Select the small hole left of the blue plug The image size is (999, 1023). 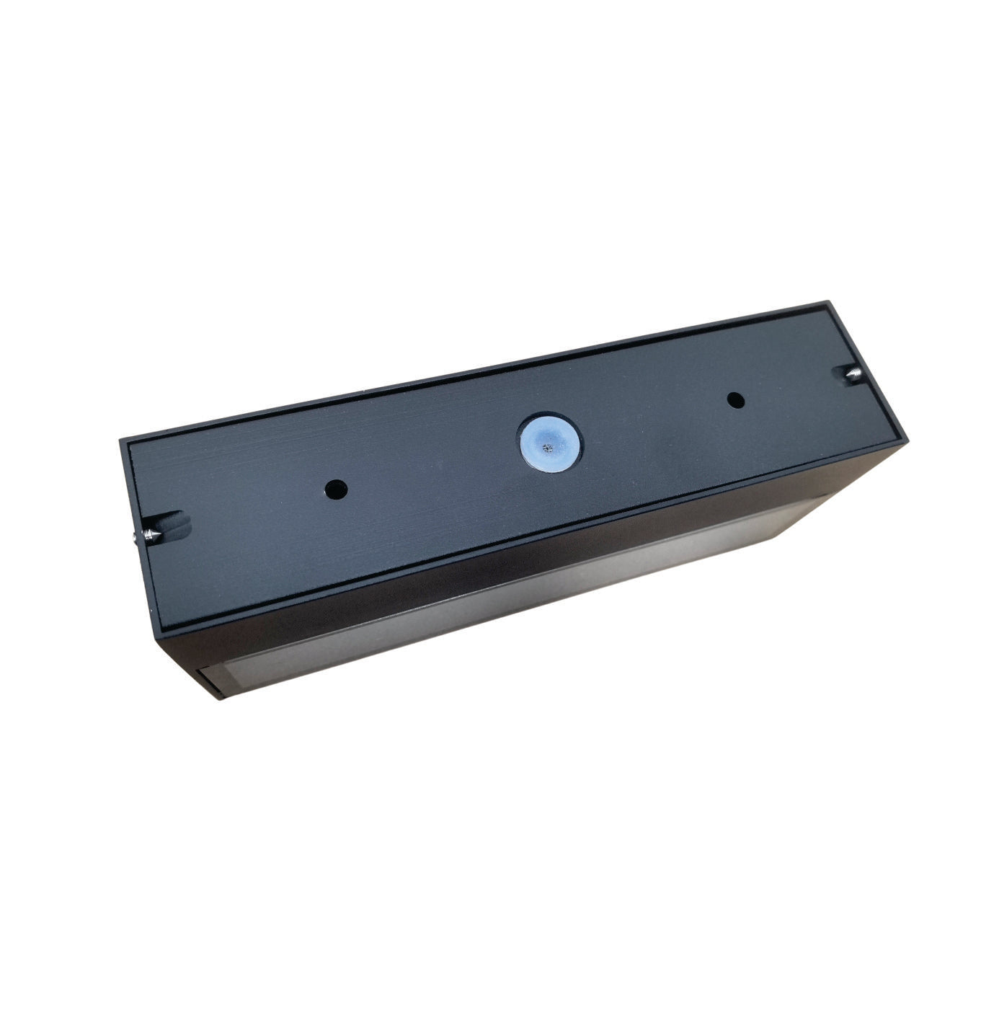tap(335, 490)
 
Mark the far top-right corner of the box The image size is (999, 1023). tap(825, 302)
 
